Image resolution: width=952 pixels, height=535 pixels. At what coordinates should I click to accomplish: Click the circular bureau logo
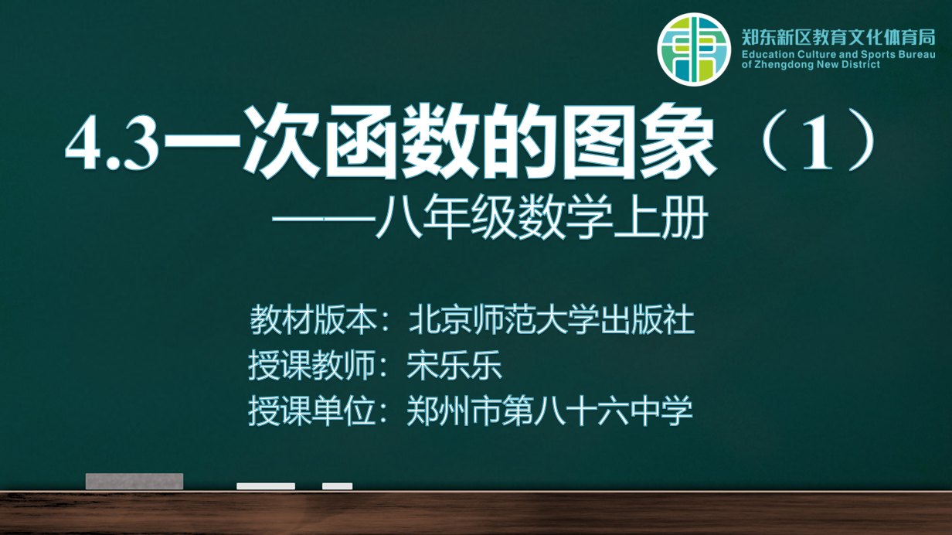pyautogui.click(x=694, y=49)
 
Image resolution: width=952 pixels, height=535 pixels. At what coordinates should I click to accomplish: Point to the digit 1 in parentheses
pyautogui.click(x=817, y=141)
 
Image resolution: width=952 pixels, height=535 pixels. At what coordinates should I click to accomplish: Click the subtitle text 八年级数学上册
pyautogui.click(x=542, y=217)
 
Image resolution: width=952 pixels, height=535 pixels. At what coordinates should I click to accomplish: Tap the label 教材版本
pyautogui.click(x=313, y=320)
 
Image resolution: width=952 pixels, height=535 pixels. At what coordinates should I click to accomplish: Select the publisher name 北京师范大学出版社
pyautogui.click(x=551, y=320)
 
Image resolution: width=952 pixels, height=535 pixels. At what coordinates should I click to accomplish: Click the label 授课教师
pyautogui.click(x=312, y=365)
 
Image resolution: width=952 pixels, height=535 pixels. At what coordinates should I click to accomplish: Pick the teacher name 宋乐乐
pyautogui.click(x=454, y=365)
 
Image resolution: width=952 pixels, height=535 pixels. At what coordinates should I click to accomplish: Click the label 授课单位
pyautogui.click(x=312, y=411)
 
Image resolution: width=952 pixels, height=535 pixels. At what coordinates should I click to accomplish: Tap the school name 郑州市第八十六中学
pyautogui.click(x=549, y=411)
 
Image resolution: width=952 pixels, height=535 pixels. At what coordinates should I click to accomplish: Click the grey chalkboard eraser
pyautogui.click(x=134, y=482)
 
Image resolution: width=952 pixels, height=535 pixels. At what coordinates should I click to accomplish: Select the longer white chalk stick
pyautogui.click(x=266, y=486)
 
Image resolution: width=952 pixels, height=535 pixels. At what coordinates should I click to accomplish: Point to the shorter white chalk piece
pyautogui.click(x=337, y=486)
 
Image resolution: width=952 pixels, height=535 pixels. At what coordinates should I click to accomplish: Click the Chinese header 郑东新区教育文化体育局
pyautogui.click(x=838, y=37)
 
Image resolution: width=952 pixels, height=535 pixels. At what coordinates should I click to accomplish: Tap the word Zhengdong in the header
pyautogui.click(x=784, y=65)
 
